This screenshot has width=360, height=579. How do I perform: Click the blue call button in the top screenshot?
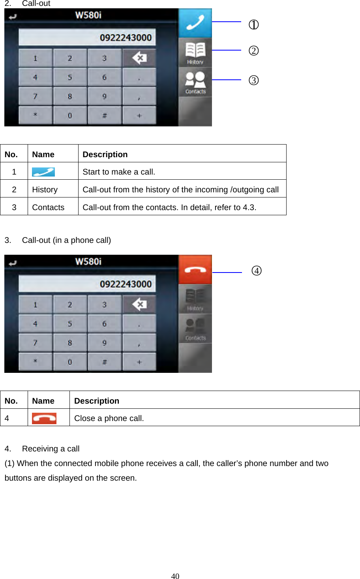click(x=195, y=23)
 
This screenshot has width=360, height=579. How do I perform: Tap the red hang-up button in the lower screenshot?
click(x=195, y=269)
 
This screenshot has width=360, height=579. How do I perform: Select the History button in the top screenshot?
click(x=195, y=53)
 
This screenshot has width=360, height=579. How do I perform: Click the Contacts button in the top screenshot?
click(x=195, y=82)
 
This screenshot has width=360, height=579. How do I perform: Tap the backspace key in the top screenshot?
click(x=139, y=58)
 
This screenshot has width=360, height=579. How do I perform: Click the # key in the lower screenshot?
click(x=104, y=362)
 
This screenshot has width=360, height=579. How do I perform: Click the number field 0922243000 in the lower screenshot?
click(x=87, y=284)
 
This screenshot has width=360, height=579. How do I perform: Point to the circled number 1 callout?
click(x=253, y=25)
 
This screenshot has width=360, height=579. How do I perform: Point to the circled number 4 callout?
click(x=257, y=271)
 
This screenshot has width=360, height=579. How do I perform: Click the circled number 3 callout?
click(x=253, y=80)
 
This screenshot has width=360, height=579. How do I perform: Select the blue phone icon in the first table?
click(x=43, y=172)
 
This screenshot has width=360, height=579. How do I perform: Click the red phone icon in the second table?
click(x=44, y=418)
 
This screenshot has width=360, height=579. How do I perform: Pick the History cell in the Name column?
click(x=45, y=190)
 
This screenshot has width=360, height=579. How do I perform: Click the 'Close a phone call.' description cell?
click(x=109, y=418)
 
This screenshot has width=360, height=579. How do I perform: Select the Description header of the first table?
click(x=105, y=154)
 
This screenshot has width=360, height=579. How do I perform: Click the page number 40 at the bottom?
click(x=175, y=576)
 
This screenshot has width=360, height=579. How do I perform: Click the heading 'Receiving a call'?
click(x=51, y=449)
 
